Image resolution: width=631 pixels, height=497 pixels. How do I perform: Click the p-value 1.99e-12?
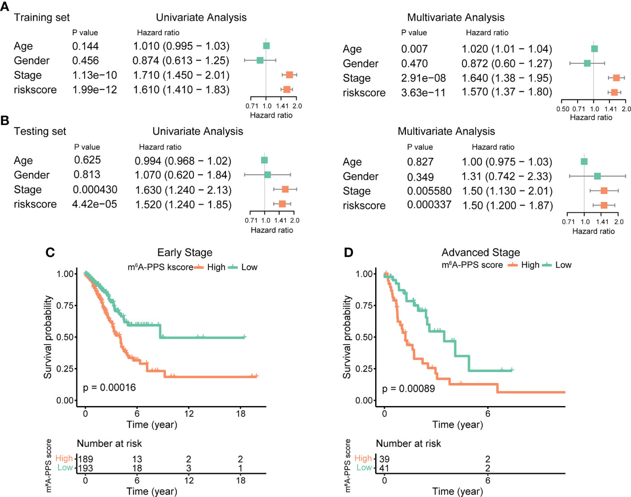(x=94, y=90)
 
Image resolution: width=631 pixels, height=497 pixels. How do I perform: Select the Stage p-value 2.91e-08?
(x=423, y=78)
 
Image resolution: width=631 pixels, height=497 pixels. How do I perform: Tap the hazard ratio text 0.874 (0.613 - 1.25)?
(x=181, y=61)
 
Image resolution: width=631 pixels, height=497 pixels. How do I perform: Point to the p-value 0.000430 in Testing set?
(x=95, y=190)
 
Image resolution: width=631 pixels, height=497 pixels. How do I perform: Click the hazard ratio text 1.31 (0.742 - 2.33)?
(x=507, y=177)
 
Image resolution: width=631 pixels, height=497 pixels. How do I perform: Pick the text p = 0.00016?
(x=109, y=387)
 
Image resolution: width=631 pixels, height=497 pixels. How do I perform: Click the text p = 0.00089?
(x=408, y=388)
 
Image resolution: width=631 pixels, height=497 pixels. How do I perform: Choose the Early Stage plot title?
(x=184, y=253)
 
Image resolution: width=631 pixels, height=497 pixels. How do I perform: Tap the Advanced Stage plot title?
(x=480, y=253)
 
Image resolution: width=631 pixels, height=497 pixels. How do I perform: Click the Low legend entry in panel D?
(x=563, y=265)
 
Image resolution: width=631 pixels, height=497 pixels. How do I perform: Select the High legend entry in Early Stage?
(x=216, y=268)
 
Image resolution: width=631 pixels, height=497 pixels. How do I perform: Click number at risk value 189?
(x=85, y=459)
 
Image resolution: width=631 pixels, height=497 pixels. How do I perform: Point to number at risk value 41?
(x=384, y=468)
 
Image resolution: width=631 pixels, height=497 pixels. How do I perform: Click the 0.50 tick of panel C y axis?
(x=65, y=337)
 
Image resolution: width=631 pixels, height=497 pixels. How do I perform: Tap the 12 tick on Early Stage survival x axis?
(x=188, y=413)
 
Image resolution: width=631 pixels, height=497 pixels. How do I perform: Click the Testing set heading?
(x=40, y=131)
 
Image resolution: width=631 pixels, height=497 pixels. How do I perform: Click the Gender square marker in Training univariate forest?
(x=260, y=60)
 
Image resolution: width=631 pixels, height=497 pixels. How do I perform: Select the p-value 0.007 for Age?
(x=414, y=49)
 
